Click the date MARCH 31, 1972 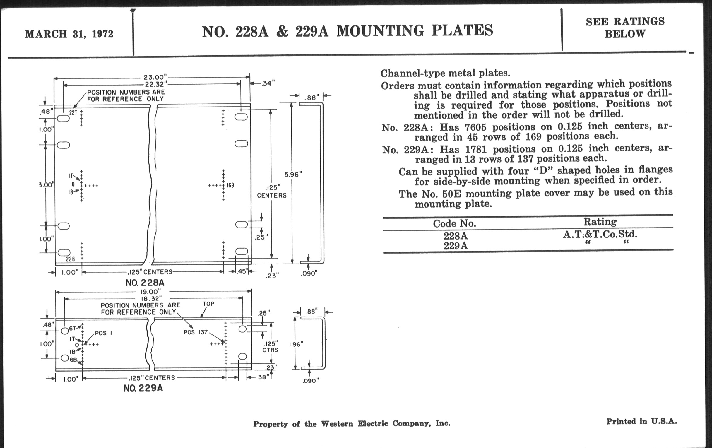pyautogui.click(x=69, y=34)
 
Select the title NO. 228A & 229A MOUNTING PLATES pyautogui.click(x=348, y=31)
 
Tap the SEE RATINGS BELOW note pyautogui.click(x=625, y=28)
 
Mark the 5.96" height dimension pyautogui.click(x=293, y=175)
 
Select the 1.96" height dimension pyautogui.click(x=296, y=344)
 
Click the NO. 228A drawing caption pyautogui.click(x=145, y=283)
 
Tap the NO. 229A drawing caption pyautogui.click(x=143, y=388)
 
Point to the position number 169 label pyautogui.click(x=231, y=185)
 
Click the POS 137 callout pyautogui.click(x=196, y=332)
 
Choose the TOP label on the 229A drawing pyautogui.click(x=209, y=304)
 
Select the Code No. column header pyautogui.click(x=454, y=223)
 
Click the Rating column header pyautogui.click(x=600, y=221)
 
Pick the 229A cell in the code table pyautogui.click(x=456, y=246)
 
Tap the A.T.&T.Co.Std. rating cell pyautogui.click(x=600, y=234)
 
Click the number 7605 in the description pyautogui.click(x=475, y=127)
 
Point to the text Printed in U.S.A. pyautogui.click(x=642, y=421)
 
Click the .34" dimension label pyautogui.click(x=268, y=83)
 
